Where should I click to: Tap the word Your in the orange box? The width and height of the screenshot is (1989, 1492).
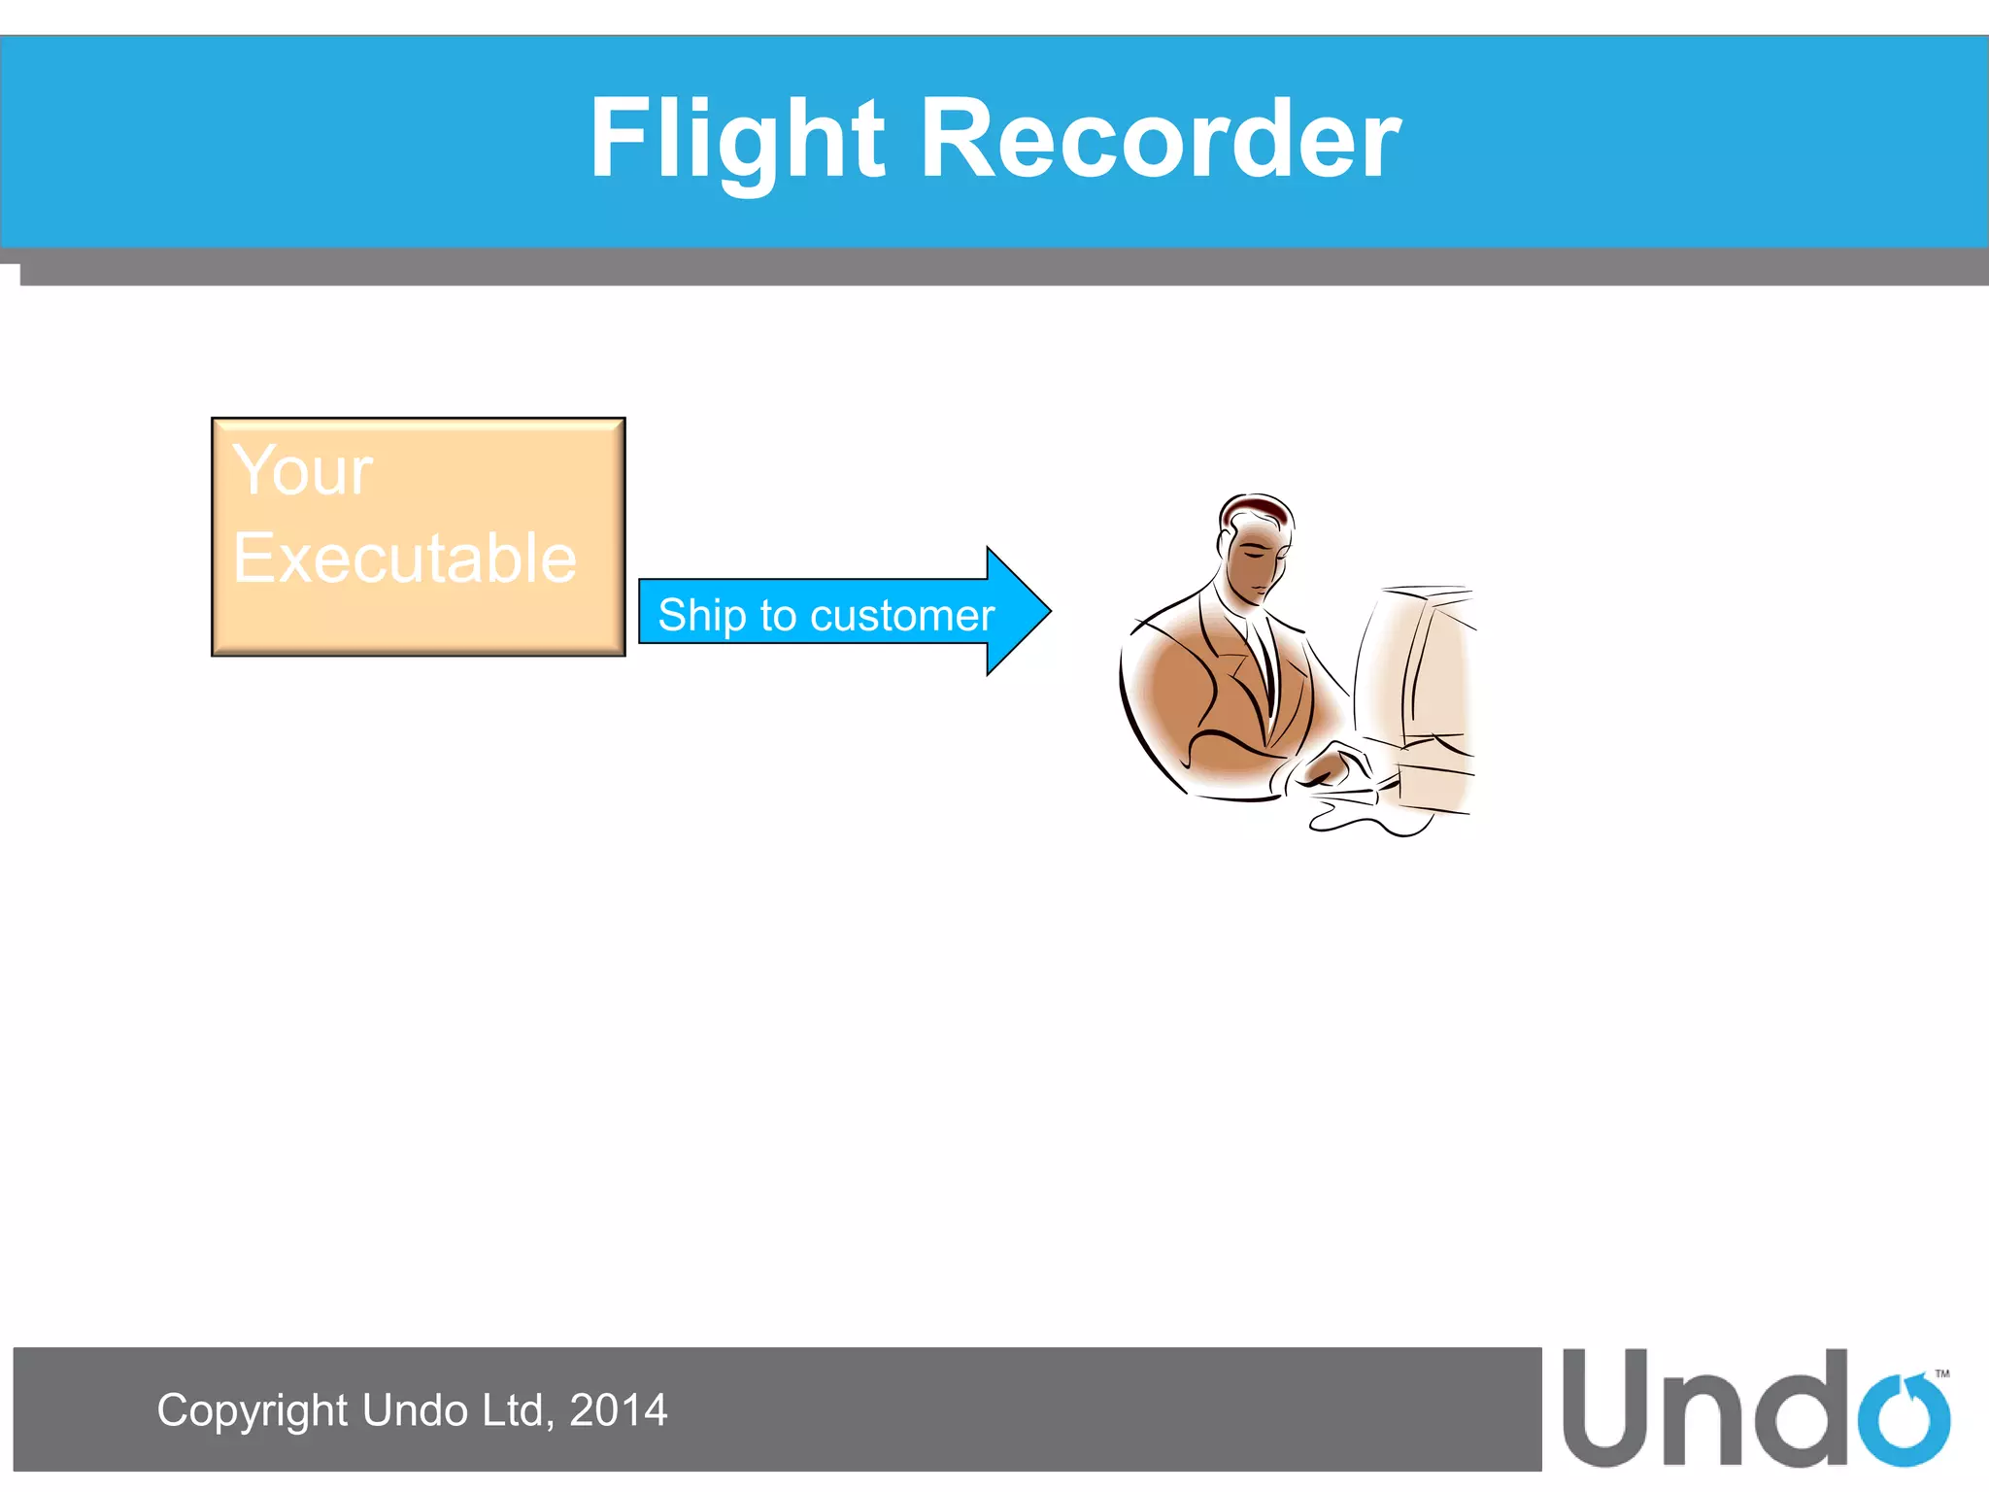(x=302, y=471)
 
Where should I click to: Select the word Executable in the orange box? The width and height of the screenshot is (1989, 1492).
(x=404, y=559)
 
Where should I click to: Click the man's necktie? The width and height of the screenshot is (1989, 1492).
(x=1266, y=661)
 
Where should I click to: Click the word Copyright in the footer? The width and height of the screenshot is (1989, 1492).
(x=253, y=1410)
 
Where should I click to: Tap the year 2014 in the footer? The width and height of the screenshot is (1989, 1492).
(x=618, y=1410)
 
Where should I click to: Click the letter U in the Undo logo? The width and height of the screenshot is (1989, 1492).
(x=1607, y=1408)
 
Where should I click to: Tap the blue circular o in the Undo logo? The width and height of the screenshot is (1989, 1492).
(x=1903, y=1420)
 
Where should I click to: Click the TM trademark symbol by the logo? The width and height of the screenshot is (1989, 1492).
(x=1941, y=1373)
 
